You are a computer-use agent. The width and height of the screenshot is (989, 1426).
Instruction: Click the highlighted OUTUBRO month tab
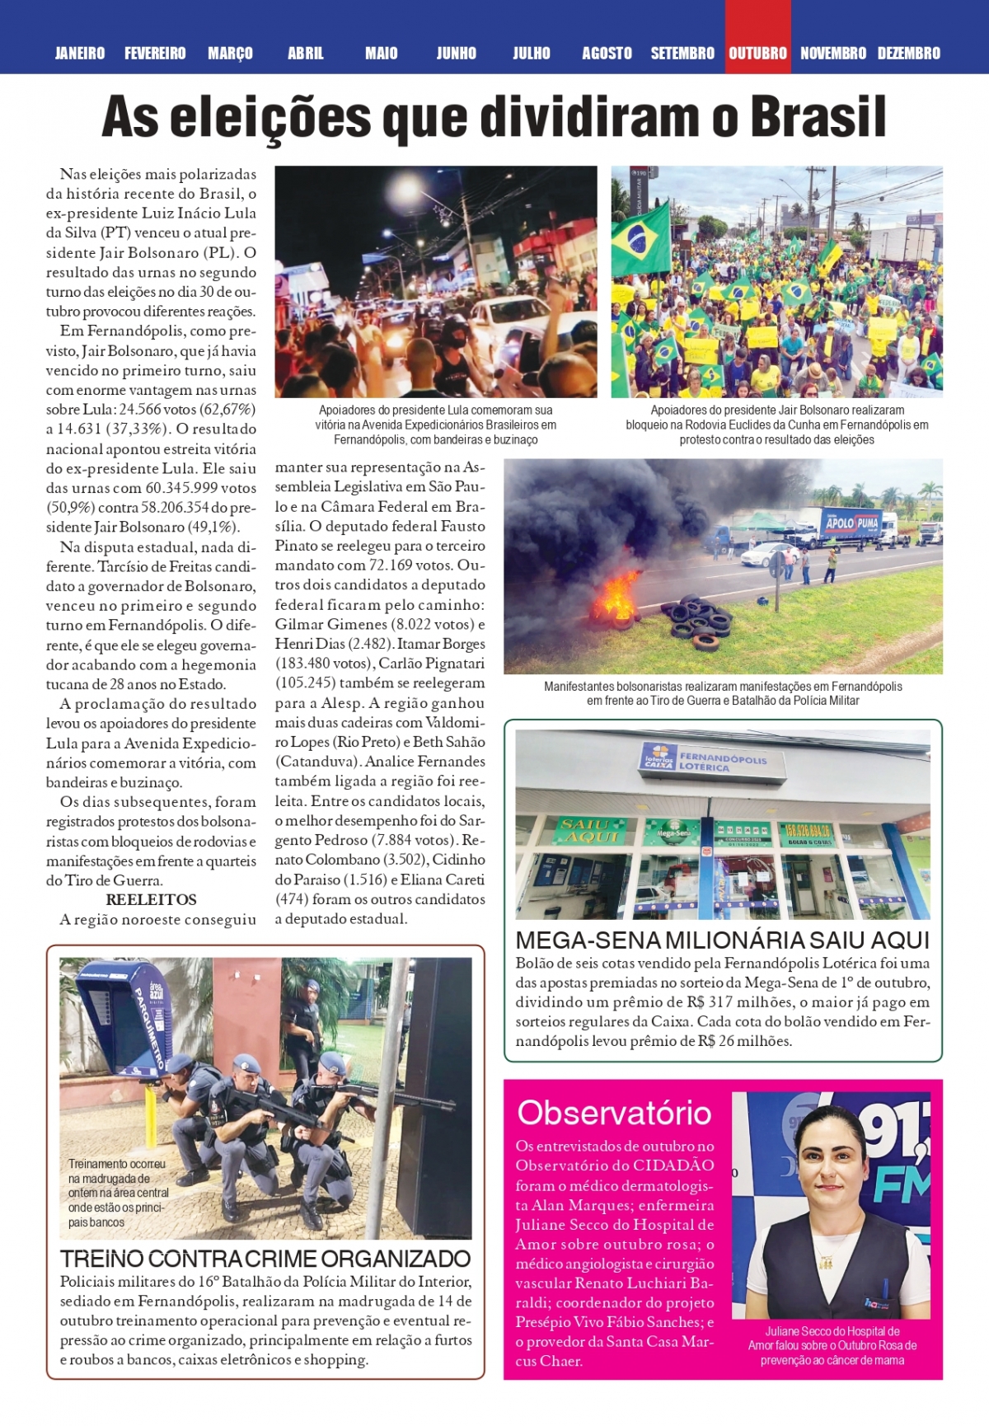point(757,54)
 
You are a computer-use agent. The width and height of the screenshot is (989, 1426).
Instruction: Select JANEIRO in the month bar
point(80,54)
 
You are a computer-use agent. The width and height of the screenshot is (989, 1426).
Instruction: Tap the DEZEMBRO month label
point(908,54)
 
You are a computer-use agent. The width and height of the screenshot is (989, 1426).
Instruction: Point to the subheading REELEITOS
point(152,899)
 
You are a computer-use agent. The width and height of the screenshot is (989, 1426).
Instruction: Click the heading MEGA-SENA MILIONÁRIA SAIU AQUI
point(722,941)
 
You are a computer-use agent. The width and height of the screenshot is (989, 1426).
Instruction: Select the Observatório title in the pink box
point(614,1113)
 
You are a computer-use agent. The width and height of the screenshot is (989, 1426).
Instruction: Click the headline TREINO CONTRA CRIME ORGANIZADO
point(265,1259)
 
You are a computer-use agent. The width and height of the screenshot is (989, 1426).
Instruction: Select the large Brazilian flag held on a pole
point(640,238)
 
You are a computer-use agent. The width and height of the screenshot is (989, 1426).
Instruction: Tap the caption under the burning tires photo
point(723,693)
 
